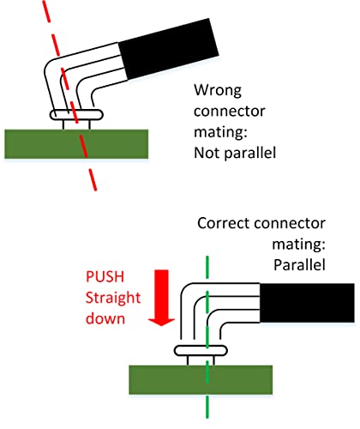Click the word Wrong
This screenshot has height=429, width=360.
coord(218,91)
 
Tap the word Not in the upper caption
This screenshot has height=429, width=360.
coord(207,153)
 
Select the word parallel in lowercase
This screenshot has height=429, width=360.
coord(250,154)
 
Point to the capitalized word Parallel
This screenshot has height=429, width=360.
coord(299,265)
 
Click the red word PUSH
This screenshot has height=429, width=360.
coord(105,277)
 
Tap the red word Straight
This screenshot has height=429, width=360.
coord(113,299)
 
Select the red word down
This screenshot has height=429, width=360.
coord(105,318)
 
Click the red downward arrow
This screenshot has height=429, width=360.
coord(161,298)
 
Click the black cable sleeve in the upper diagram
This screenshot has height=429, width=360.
coord(169,49)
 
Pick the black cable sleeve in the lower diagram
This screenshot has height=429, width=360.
coord(307,303)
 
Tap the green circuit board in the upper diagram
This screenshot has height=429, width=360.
coord(76,144)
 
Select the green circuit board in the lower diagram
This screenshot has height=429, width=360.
coord(201,380)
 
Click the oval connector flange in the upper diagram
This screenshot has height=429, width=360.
coord(76,115)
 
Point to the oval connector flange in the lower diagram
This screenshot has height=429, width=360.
coord(201,351)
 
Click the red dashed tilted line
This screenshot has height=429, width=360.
coord(69,94)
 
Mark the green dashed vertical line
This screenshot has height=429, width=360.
coord(207,337)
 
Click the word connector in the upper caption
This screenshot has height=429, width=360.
coord(230,112)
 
